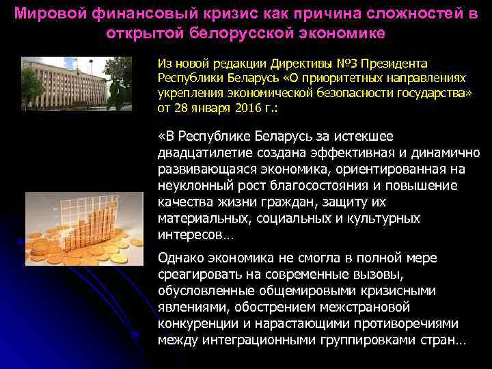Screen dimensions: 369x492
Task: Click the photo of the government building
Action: pos(77,84)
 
